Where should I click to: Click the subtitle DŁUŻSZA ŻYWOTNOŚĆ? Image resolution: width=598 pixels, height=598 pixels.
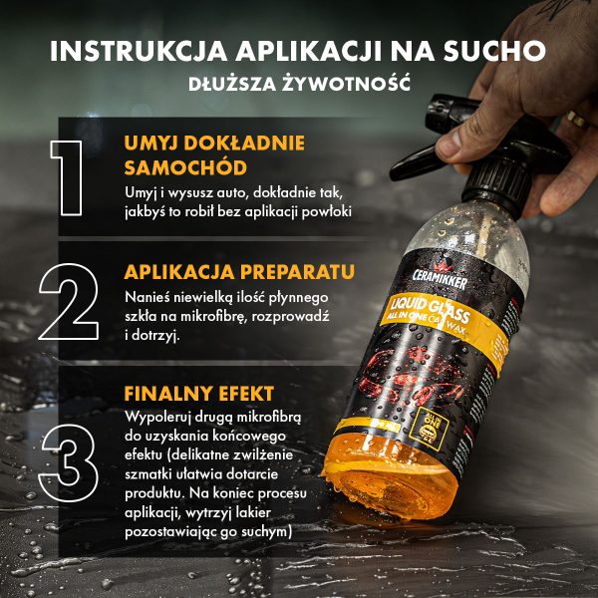tap(299, 83)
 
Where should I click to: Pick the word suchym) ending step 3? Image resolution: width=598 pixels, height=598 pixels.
tap(263, 532)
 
